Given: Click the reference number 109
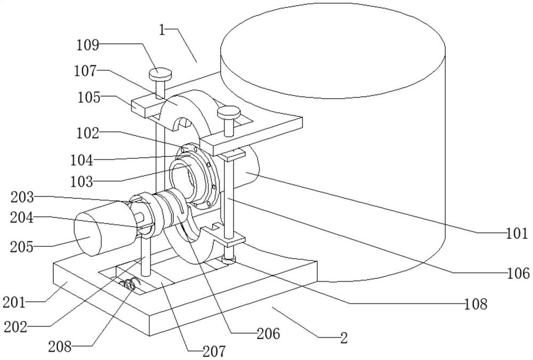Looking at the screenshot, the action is coord(87,45).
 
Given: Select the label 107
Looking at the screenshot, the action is coord(85,71).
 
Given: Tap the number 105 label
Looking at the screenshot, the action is coord(89,98).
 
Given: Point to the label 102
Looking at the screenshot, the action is coord(87,133).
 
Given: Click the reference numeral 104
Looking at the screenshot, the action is coord(82,160).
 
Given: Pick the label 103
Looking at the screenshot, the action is coord(82,181).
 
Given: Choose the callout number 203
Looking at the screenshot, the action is coord(22,197).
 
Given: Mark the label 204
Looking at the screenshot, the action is coord(22,218).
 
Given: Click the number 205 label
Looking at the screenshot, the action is coord(22,247).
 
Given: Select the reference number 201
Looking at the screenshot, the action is coord(14,302).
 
